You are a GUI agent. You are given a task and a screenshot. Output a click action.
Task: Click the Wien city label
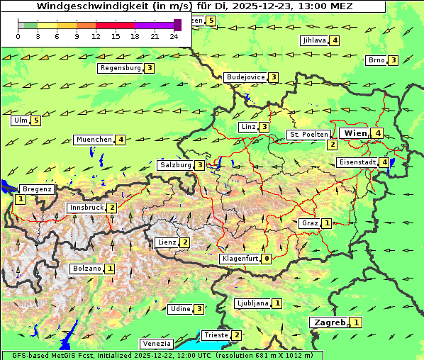(x=355, y=133)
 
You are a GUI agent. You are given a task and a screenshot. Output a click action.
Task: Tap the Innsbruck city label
(x=86, y=208)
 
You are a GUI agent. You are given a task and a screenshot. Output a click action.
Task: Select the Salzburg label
(x=175, y=165)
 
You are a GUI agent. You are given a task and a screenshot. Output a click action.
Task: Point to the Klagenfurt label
(x=240, y=259)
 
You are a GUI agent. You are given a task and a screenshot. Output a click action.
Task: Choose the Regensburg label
(x=120, y=68)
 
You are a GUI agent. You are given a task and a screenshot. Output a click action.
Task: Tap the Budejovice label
(x=245, y=77)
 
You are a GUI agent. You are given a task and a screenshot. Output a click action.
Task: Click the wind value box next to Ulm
(x=36, y=120)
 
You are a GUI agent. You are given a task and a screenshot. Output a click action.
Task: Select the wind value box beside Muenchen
(x=121, y=140)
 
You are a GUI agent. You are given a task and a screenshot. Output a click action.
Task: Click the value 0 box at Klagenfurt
(x=266, y=259)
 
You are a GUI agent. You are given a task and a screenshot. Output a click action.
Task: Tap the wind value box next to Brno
(x=393, y=60)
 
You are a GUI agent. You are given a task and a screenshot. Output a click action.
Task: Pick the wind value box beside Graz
(x=326, y=223)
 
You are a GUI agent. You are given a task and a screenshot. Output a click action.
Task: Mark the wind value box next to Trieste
(x=237, y=335)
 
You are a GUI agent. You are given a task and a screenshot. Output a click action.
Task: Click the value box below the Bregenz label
(x=20, y=200)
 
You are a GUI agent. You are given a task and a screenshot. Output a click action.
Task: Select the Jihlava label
(x=314, y=40)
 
